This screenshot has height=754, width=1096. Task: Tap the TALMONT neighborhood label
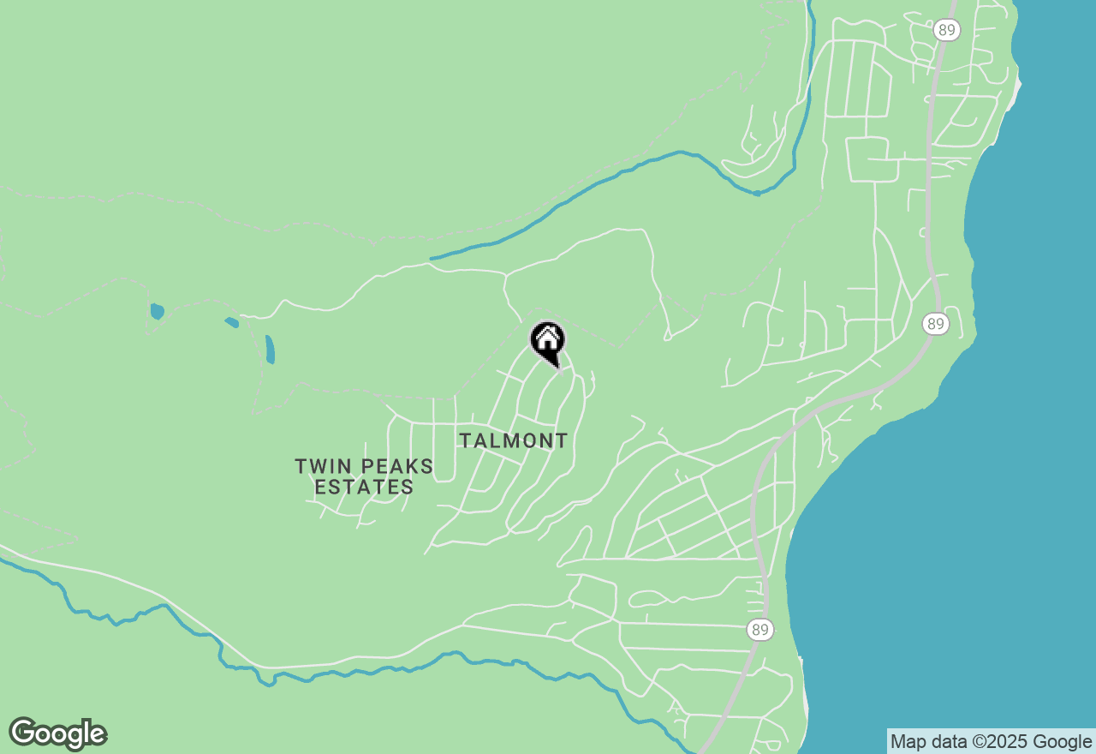pyautogui.click(x=513, y=441)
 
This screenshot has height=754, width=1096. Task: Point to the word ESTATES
pyautogui.click(x=364, y=488)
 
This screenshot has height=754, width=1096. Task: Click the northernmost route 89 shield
pyautogui.click(x=947, y=30)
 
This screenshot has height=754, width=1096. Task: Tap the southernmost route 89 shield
pyautogui.click(x=759, y=631)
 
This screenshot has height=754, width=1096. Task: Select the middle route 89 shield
pyautogui.click(x=936, y=324)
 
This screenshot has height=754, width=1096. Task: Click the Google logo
pyautogui.click(x=57, y=734)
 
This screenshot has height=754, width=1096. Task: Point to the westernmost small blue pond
pyautogui.click(x=157, y=310)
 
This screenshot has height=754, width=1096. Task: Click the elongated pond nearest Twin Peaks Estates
pyautogui.click(x=270, y=349)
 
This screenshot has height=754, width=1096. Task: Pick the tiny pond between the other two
pyautogui.click(x=231, y=323)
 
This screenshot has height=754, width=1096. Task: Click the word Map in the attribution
pyautogui.click(x=908, y=742)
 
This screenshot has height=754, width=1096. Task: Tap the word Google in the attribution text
pyautogui.click(x=1062, y=742)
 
